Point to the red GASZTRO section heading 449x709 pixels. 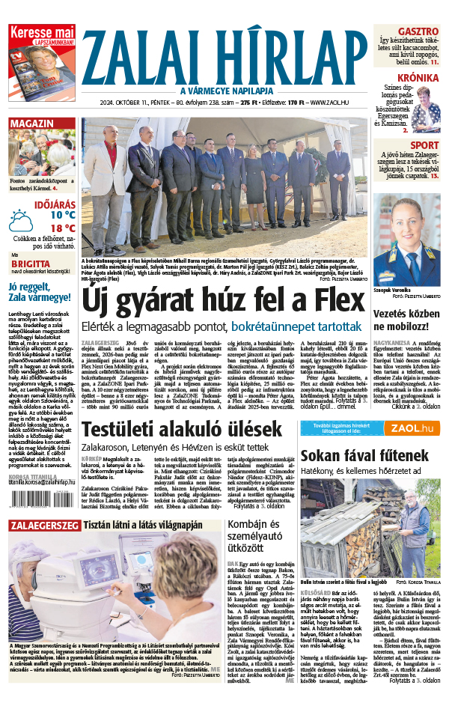tap(418, 31)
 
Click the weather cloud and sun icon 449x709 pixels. tap(20, 222)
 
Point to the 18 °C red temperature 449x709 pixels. tap(63, 228)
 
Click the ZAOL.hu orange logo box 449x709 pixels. tap(408, 428)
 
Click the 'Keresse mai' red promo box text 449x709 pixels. tap(41, 33)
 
